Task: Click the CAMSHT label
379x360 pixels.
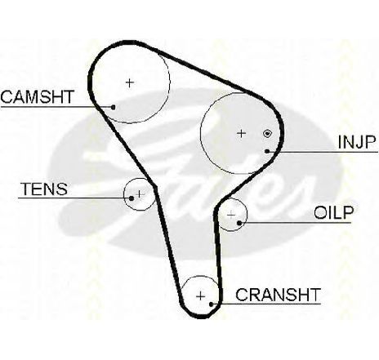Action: tap(38, 97)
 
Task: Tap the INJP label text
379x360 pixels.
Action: tap(357, 142)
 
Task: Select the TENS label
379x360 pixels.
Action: tap(44, 189)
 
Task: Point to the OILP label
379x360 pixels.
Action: tap(334, 212)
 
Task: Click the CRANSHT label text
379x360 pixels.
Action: tap(278, 295)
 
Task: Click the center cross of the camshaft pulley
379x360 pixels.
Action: tap(130, 82)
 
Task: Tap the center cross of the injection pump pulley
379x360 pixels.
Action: tap(241, 134)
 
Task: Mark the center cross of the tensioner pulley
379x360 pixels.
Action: tap(140, 194)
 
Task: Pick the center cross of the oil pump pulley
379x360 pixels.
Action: tap(231, 216)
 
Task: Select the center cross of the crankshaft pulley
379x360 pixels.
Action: tap(200, 296)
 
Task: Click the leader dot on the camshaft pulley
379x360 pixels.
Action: tap(114, 107)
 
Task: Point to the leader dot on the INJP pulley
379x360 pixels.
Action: tap(267, 151)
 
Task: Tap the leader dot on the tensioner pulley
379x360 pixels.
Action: tap(132, 198)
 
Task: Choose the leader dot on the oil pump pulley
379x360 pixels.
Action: tap(239, 223)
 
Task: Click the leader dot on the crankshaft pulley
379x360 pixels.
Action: tap(212, 304)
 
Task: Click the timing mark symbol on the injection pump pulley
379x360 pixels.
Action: tap(267, 134)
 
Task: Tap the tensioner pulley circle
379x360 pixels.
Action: tap(124, 194)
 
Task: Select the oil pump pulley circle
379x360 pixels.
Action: tap(247, 215)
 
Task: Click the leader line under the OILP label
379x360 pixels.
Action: tap(295, 223)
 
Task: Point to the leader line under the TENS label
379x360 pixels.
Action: tap(75, 198)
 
